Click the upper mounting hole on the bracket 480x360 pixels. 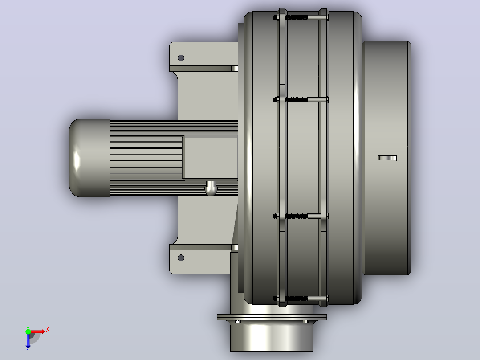[181, 58]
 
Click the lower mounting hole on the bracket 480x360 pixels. [181, 258]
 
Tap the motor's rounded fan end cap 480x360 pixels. [89, 158]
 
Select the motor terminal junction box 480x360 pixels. [210, 157]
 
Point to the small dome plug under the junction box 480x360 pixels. [211, 188]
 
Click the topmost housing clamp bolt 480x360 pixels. [301, 18]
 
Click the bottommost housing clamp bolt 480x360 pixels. [301, 298]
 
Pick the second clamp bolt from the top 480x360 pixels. [301, 99]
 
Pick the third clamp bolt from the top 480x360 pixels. [301, 216]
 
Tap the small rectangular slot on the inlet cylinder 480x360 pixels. [387, 158]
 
